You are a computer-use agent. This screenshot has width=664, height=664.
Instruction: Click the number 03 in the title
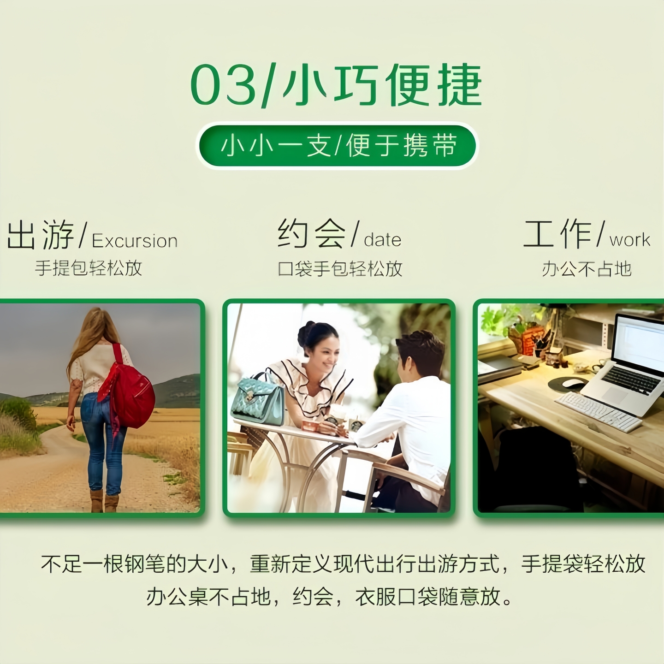[223, 85]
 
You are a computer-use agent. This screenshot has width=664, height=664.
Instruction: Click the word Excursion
[135, 241]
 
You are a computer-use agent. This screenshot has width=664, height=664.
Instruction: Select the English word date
[382, 240]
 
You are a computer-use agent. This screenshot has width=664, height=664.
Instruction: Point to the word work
[630, 240]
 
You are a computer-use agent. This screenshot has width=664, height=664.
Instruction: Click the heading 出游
[41, 235]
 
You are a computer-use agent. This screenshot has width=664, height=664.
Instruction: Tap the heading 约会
[311, 234]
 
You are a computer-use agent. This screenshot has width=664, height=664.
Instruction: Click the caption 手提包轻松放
[89, 268]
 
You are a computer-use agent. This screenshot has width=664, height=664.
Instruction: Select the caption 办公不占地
[587, 269]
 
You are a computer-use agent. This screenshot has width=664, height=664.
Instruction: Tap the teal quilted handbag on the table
[258, 399]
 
